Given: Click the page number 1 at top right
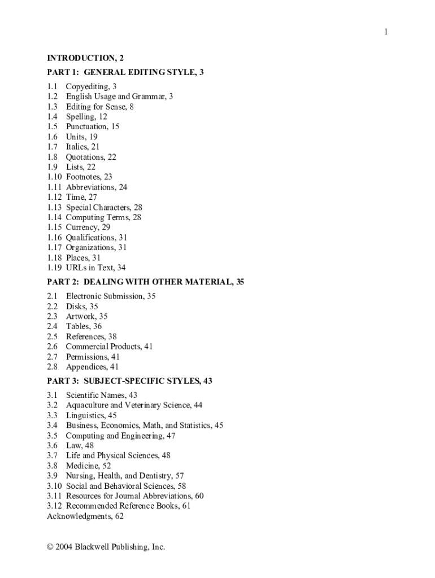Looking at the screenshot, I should point(386,32).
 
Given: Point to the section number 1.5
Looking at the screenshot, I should point(53,126).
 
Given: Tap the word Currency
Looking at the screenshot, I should point(81,227).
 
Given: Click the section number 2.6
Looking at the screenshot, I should point(53,347).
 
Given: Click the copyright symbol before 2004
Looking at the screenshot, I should point(51,547).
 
